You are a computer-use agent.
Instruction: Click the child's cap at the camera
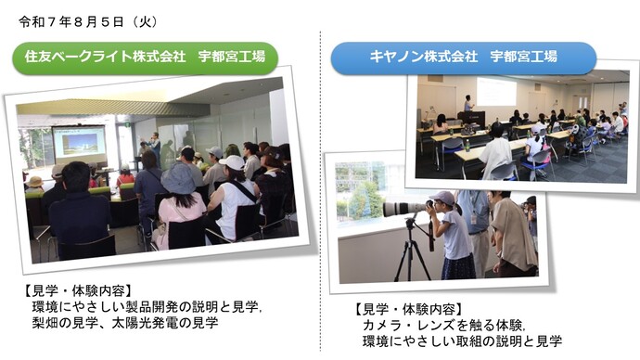point(442,199)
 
